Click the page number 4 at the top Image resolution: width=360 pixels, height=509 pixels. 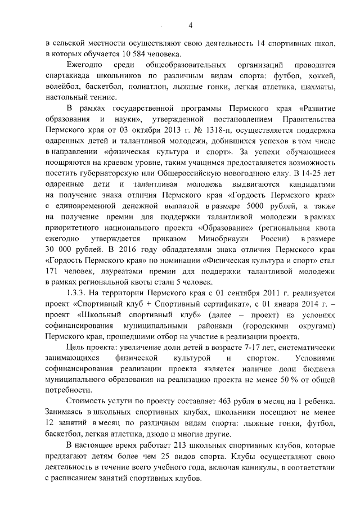190,25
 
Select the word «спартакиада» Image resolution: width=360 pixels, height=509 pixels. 69,75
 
